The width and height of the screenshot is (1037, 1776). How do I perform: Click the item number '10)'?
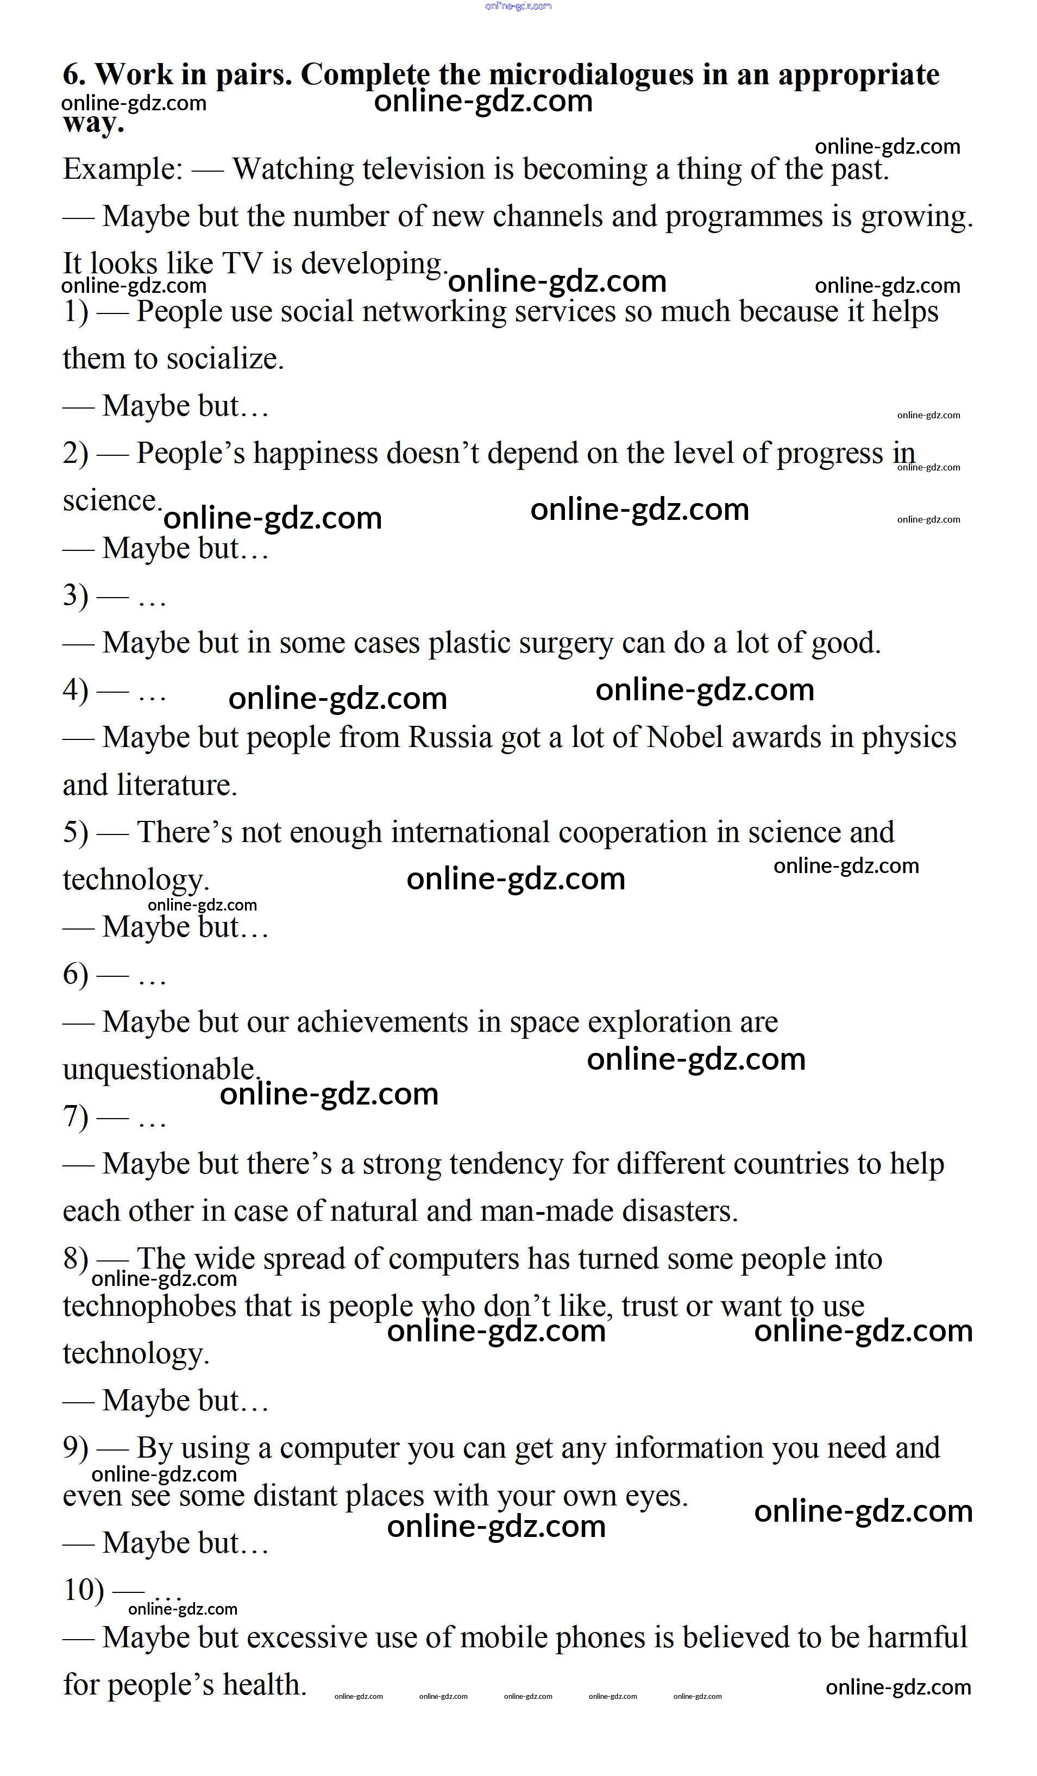pyautogui.click(x=83, y=1590)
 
